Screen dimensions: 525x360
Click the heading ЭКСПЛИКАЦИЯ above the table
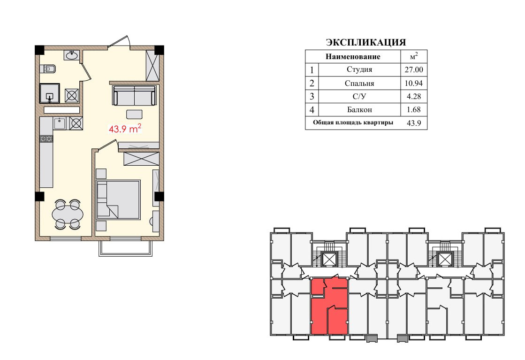tap(365, 42)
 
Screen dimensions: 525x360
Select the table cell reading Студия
tap(359, 69)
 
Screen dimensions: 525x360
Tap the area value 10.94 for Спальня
tap(413, 83)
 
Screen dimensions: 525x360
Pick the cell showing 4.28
tap(413, 96)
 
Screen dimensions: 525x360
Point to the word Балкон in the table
tap(359, 109)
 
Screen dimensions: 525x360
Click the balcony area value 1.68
tap(413, 109)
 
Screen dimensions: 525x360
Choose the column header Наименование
tap(353, 57)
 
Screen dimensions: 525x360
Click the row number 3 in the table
tap(312, 96)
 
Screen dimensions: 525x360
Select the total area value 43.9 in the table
tap(414, 123)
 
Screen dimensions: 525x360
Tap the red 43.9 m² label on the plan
tap(125, 129)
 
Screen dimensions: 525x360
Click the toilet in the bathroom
tap(47, 69)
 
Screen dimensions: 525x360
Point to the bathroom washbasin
tap(72, 55)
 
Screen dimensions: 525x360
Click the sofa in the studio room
tap(135, 95)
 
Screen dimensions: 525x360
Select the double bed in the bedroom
tap(118, 200)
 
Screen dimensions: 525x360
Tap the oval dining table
tap(68, 214)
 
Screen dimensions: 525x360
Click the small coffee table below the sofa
tap(134, 114)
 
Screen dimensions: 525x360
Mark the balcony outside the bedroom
tap(126, 248)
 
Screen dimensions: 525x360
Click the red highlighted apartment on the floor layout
tap(329, 306)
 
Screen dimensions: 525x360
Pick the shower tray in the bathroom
tap(50, 93)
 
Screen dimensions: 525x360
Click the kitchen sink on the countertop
tap(60, 123)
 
